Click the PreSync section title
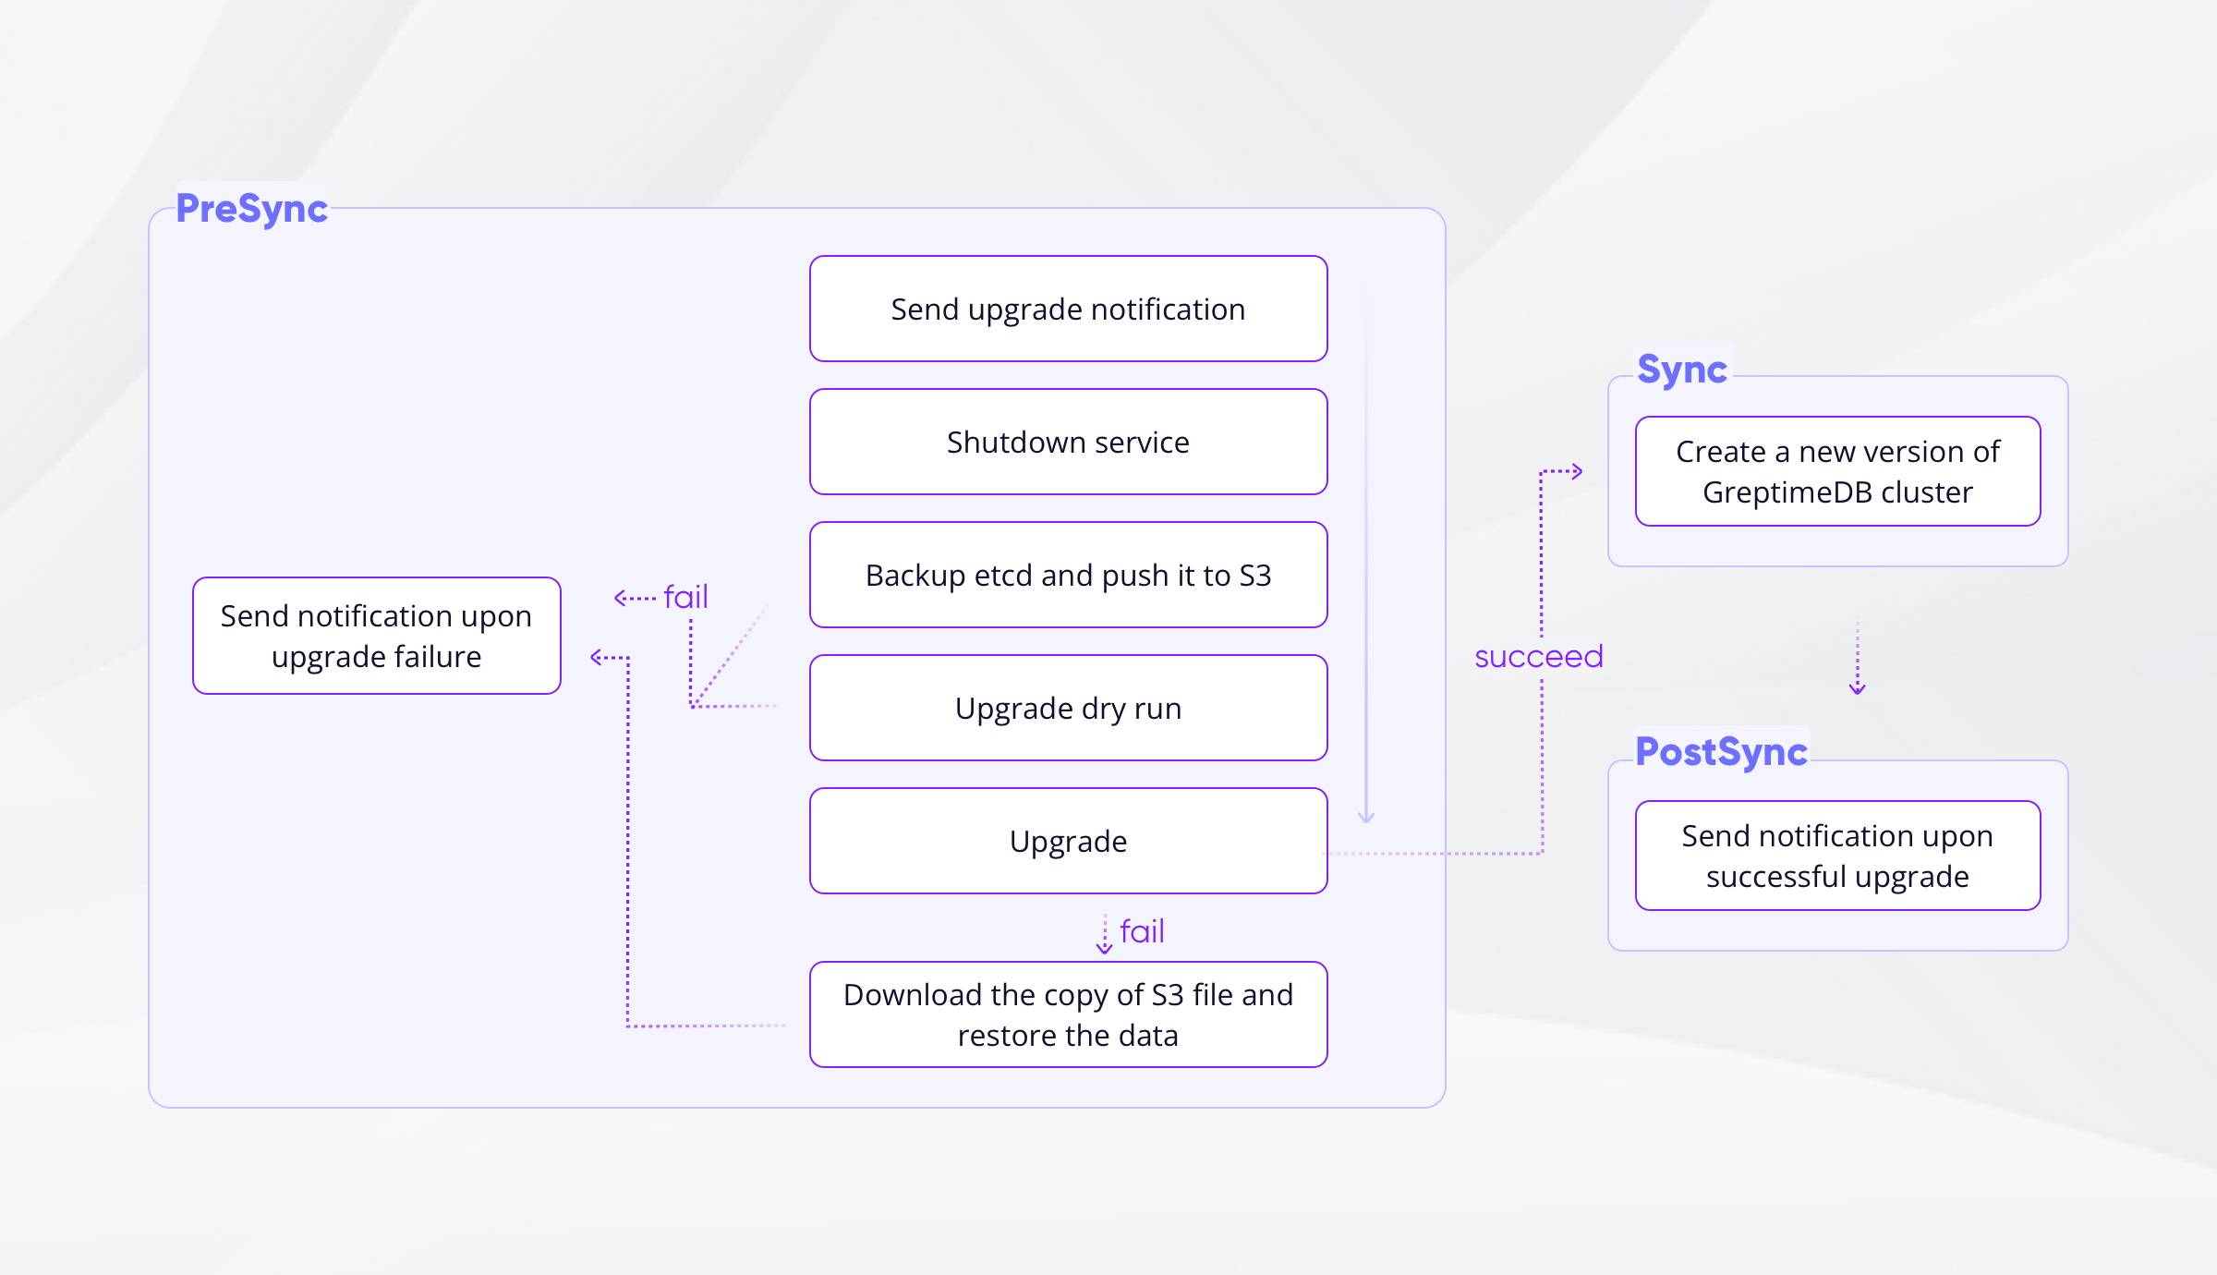[251, 209]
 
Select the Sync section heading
[1681, 370]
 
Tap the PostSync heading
[1720, 752]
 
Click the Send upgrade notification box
[1068, 309]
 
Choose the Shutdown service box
[1068, 442]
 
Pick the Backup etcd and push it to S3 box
[1068, 575]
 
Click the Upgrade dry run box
[1068, 708]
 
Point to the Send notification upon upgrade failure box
[376, 636]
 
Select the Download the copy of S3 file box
[1068, 1014]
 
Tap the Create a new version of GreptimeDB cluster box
[1837, 471]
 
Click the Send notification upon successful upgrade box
[1837, 856]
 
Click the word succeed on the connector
[1538, 657]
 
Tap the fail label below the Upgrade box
[1142, 931]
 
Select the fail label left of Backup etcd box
[685, 597]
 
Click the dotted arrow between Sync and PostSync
[1857, 656]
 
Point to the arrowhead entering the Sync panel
[1578, 471]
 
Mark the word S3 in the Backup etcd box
[1254, 576]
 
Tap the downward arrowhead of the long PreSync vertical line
[1366, 817]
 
